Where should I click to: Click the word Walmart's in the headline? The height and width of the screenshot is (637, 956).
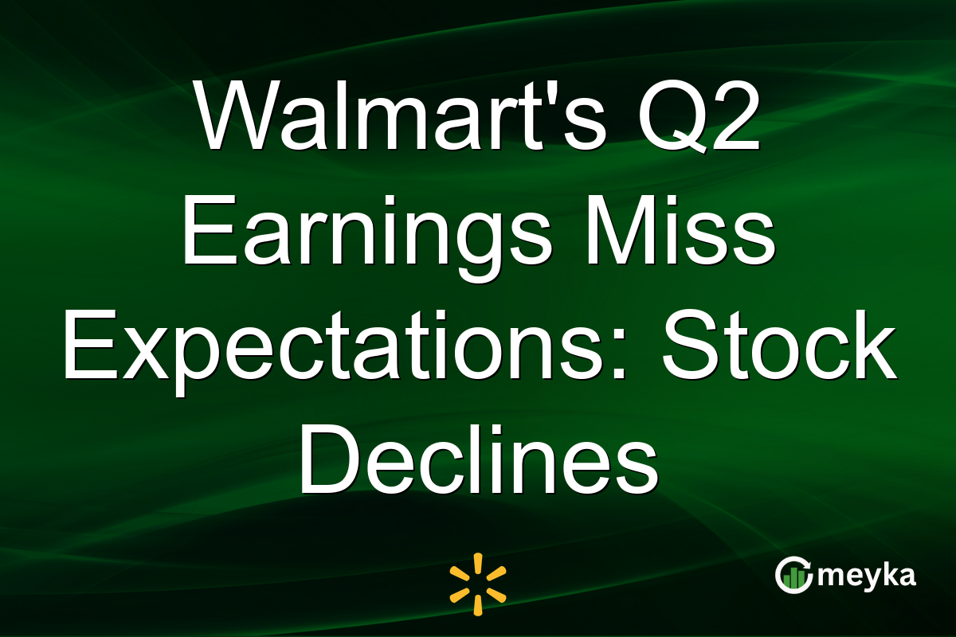pos(399,115)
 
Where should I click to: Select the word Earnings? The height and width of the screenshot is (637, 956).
pos(367,237)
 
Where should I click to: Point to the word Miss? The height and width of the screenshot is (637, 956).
pos(680,230)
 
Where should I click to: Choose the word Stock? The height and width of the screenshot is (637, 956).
pos(779,345)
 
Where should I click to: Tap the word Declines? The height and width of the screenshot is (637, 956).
pos(478,459)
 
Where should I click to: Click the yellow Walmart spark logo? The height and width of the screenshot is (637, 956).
pos(478,584)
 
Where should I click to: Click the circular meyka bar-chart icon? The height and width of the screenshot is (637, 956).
pos(793,575)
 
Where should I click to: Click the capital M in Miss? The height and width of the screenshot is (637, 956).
pos(618,230)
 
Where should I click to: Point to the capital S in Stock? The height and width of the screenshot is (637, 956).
pos(690,345)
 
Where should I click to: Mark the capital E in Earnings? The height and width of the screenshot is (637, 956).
pos(210,230)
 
